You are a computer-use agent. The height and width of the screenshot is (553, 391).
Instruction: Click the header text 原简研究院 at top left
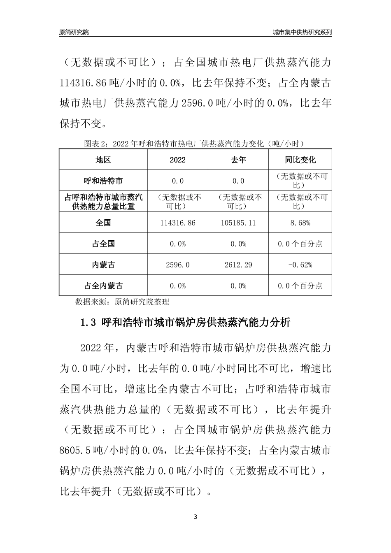click(74, 32)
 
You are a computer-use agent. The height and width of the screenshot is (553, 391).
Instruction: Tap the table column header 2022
click(177, 160)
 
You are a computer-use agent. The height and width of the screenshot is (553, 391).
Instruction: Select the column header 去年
click(238, 160)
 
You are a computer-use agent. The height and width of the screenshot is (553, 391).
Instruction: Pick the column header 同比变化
click(300, 160)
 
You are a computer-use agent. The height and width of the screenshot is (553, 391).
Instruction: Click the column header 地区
click(103, 160)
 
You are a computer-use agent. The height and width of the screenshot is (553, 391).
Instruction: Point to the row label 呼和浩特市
click(103, 181)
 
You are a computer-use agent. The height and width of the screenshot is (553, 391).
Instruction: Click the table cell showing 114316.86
click(177, 223)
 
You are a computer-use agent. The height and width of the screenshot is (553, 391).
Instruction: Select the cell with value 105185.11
click(238, 223)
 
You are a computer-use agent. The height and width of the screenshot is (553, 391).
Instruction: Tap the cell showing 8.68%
click(300, 223)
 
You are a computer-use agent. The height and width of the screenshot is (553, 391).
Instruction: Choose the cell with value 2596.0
click(177, 265)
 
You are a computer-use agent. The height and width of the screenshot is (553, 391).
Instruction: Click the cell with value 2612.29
click(238, 265)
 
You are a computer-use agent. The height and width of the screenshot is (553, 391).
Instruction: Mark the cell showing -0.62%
click(300, 265)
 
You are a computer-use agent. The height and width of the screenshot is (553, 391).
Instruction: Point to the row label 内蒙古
click(103, 265)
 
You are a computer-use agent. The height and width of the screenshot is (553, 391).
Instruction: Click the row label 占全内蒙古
click(103, 286)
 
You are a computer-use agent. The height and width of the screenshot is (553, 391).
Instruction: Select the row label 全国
click(103, 223)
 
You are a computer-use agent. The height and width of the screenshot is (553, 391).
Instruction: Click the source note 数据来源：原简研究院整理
click(122, 302)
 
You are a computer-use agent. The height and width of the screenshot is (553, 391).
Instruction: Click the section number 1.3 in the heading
click(88, 323)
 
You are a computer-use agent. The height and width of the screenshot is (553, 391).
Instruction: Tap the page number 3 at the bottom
click(195, 517)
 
